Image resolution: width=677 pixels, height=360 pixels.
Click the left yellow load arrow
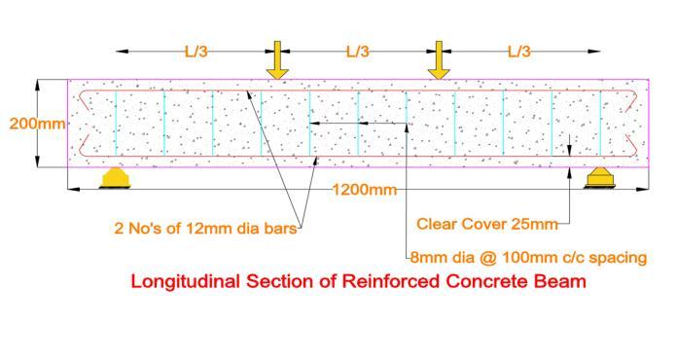point(277,60)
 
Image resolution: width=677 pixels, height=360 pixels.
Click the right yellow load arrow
point(439,60)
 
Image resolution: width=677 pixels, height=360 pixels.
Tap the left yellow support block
point(116,178)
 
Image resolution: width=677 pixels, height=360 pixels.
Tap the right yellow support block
point(600,178)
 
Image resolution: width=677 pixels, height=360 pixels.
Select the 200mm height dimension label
point(38,124)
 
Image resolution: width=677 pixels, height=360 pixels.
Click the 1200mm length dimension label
point(365,190)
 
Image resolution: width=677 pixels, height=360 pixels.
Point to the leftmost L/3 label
point(196,52)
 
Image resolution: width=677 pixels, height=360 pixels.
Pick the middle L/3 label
point(358,52)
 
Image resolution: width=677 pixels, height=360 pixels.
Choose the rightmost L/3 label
point(519,52)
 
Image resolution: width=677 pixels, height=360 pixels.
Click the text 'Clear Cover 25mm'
point(487,224)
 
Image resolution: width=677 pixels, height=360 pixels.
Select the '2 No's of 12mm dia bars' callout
point(205,228)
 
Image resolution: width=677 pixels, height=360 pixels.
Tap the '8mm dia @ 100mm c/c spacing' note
point(528,258)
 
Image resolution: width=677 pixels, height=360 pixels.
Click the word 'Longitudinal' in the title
point(185,282)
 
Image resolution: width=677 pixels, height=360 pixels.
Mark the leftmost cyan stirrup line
point(116,123)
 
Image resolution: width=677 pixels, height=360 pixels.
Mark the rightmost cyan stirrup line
point(600,123)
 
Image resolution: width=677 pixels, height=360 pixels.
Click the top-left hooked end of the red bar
point(85,100)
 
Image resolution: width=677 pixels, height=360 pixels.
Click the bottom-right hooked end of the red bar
point(631,146)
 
